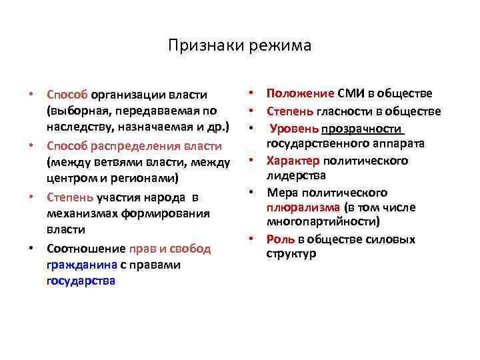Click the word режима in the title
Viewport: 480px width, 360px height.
[281, 46]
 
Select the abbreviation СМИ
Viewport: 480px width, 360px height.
[351, 93]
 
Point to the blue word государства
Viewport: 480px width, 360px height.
[81, 281]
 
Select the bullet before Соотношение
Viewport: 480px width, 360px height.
[32, 249]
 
